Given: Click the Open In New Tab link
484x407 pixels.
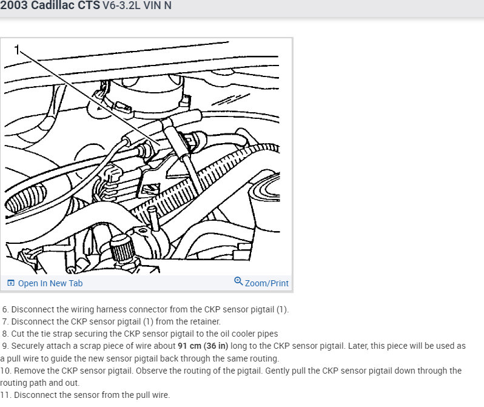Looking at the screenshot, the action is (50, 283).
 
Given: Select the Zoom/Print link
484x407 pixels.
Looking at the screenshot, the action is (267, 283).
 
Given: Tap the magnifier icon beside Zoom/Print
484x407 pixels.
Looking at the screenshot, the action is (238, 281).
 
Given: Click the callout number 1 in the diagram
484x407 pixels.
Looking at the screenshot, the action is (17, 49).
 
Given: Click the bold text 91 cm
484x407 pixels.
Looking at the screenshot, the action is (189, 346).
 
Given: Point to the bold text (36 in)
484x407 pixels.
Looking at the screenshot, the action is (216, 346).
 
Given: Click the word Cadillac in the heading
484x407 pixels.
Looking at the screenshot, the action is (65, 5).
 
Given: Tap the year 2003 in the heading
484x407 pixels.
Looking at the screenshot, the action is (14, 5).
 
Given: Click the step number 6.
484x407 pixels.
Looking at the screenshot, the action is (5, 309).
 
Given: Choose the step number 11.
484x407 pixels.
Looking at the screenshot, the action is (5, 395).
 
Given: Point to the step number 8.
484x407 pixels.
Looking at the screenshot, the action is (5, 334).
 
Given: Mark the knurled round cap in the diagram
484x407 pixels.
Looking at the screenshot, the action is (123, 247).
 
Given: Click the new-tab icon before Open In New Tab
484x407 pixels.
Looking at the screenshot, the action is (11, 283).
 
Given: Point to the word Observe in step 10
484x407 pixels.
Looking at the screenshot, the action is (149, 371).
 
